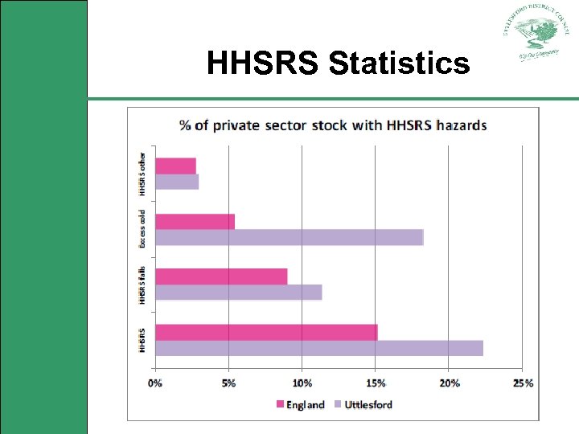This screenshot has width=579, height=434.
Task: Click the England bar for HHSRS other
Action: [175, 166]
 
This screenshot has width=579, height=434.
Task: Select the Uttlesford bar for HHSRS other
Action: [177, 182]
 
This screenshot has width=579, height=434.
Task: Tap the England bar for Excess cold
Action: [195, 221]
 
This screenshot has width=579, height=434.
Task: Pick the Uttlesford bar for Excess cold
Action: [289, 237]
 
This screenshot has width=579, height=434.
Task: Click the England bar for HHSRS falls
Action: [221, 276]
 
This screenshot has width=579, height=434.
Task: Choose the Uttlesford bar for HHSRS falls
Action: [238, 292]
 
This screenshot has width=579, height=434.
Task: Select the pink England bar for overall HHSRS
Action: [266, 332]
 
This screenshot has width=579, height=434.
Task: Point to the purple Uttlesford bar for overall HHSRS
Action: [319, 348]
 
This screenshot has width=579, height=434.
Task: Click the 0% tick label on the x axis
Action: [155, 383]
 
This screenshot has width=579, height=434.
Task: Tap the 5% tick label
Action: [228, 383]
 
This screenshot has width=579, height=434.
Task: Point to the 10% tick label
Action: [302, 383]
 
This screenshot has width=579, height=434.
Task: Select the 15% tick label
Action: [376, 383]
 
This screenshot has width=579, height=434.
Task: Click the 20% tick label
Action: [450, 383]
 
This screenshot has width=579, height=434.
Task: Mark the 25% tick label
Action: [523, 383]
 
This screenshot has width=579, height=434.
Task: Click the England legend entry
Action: [301, 404]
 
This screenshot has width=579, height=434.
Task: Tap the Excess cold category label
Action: [142, 229]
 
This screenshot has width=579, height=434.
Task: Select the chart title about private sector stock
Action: [333, 125]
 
